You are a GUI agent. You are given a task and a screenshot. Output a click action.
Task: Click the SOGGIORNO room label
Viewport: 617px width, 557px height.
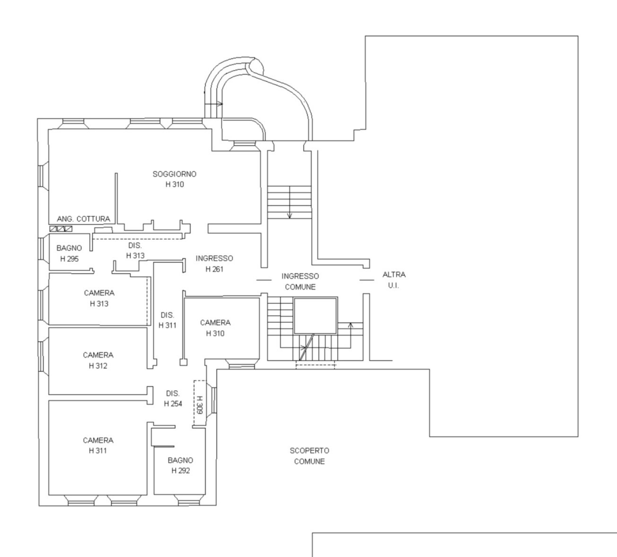click(x=175, y=174)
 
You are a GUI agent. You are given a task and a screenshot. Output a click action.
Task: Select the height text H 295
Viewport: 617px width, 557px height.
click(x=69, y=259)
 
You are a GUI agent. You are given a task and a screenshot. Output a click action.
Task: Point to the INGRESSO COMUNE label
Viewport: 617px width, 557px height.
click(x=300, y=282)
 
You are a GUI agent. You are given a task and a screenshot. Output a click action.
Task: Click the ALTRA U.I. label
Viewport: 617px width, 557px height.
click(x=394, y=280)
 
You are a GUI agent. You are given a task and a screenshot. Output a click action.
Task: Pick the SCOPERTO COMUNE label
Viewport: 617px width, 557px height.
click(x=309, y=456)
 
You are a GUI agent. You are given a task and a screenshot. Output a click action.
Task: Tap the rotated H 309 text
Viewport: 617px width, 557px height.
click(x=200, y=405)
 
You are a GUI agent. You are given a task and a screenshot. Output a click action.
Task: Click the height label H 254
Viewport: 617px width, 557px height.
click(x=173, y=404)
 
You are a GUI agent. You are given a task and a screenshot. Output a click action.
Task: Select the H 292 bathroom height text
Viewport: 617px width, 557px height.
click(x=181, y=471)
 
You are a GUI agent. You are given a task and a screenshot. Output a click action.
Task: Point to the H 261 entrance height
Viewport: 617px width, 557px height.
click(x=214, y=269)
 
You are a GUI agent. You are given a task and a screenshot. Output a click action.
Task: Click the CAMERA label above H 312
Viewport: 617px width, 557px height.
click(x=98, y=355)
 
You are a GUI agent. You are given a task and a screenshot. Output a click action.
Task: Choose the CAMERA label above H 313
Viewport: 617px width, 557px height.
click(x=99, y=293)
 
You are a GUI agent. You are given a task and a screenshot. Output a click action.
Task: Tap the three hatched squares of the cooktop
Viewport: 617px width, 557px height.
click(x=61, y=229)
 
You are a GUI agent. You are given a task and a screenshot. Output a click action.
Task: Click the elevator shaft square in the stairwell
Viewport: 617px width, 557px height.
click(x=315, y=316)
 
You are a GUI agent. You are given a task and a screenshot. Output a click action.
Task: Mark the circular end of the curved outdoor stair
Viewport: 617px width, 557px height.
click(x=256, y=66)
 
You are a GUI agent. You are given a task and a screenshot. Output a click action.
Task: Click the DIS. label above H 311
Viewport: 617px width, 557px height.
click(x=167, y=315)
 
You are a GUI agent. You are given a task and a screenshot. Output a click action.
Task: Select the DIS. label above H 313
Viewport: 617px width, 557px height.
click(x=135, y=246)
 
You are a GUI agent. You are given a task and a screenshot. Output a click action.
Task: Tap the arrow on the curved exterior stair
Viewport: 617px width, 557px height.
click(x=214, y=104)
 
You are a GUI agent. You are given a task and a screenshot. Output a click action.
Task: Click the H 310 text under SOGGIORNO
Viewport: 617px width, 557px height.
click(x=175, y=184)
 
